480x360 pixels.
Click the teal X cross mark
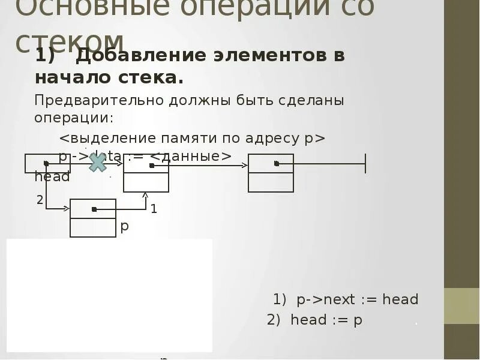97,162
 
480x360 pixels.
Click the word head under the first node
52,177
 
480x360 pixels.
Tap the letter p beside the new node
125,226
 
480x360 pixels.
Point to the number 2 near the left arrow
40,200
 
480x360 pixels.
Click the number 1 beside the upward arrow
154,209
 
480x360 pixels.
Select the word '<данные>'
190,156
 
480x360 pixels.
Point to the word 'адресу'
269,138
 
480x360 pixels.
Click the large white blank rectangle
109,295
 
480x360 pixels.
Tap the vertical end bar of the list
365,163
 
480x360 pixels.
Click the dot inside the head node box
46,163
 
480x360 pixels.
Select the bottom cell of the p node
93,227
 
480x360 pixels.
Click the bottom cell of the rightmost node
271,182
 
